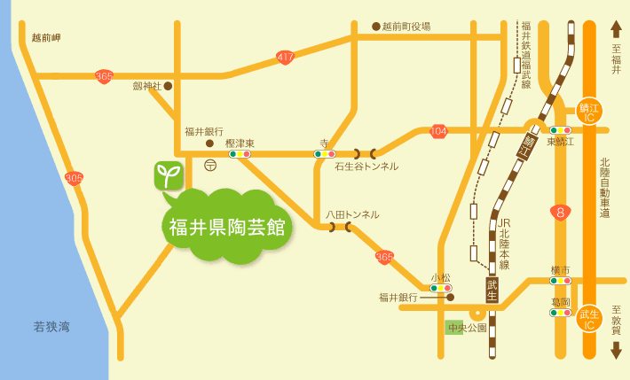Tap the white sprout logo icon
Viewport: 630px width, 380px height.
tap(169, 174)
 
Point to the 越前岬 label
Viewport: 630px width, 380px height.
tap(46, 37)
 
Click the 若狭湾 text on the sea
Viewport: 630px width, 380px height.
tap(51, 327)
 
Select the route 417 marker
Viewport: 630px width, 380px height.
tap(285, 58)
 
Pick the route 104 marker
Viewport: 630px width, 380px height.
tap(438, 131)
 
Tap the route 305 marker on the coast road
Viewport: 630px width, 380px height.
tap(75, 178)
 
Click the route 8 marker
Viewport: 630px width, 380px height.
tap(559, 212)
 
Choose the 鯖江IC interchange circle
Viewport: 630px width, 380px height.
tap(589, 111)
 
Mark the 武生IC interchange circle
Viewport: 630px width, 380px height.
tap(589, 318)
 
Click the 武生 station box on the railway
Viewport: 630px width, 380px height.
tap(492, 289)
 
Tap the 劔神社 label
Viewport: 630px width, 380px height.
tap(147, 86)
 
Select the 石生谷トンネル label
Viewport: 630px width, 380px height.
tap(366, 167)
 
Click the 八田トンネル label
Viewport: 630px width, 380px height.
tap(351, 214)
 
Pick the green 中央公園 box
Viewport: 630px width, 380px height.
tap(467, 328)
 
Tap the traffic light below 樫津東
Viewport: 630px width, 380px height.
tap(240, 154)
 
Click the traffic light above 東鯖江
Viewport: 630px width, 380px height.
tap(560, 130)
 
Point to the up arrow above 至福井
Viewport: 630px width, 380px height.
tap(616, 29)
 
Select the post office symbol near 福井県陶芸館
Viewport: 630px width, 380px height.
tap(210, 164)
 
